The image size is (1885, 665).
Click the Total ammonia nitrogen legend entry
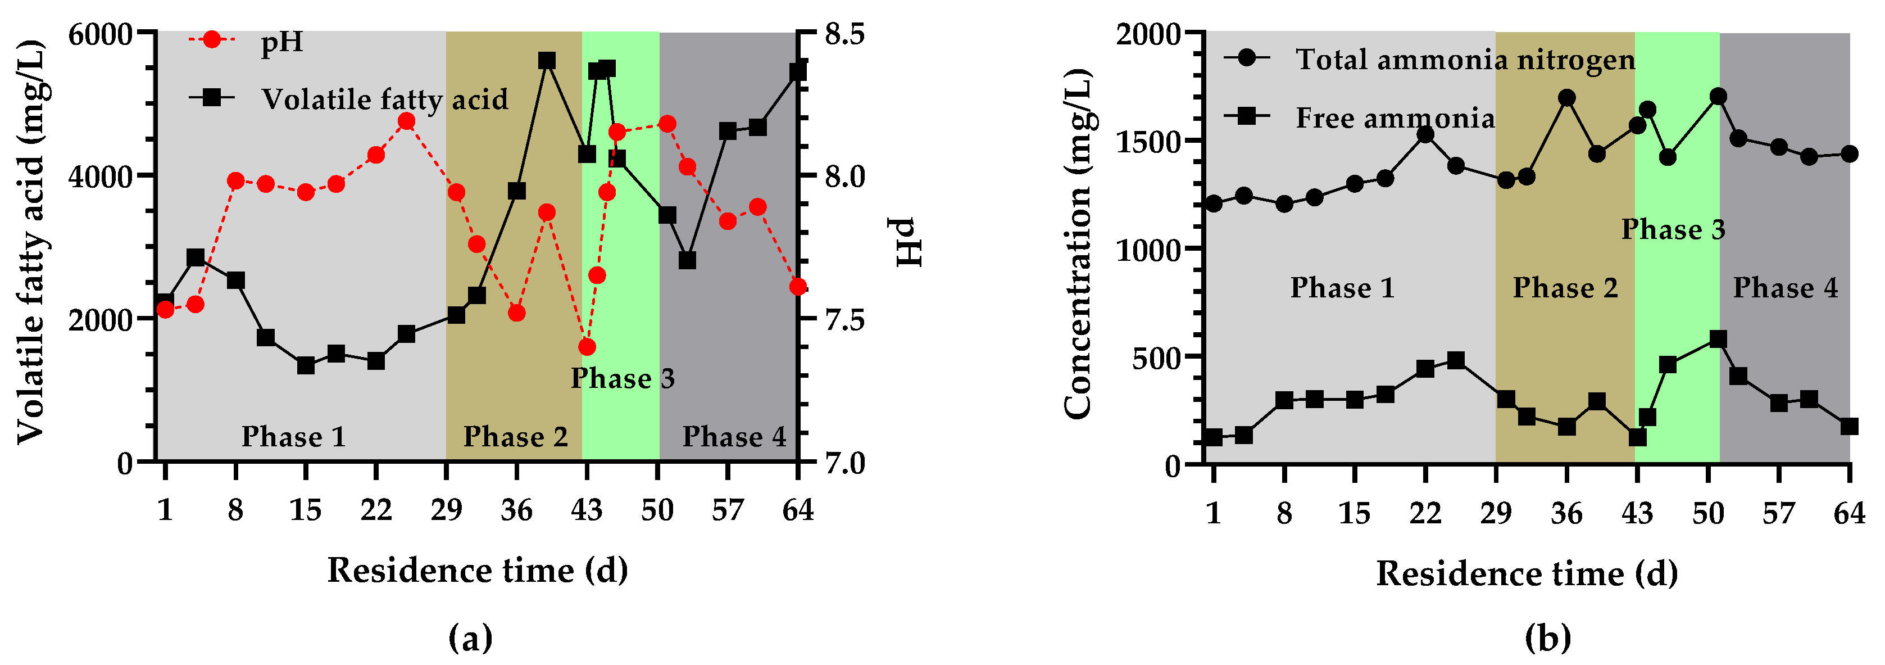click(1465, 60)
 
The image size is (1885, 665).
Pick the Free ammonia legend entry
click(1395, 118)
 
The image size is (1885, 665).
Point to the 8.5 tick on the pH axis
click(844, 34)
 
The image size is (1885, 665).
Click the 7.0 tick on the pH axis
click(844, 463)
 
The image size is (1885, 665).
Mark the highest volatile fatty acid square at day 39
click(547, 61)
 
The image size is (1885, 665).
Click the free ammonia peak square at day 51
click(1718, 339)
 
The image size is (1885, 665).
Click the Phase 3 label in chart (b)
click(1673, 229)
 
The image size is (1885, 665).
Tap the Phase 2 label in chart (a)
click(515, 437)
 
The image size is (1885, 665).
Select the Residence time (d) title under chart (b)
click(1527, 573)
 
